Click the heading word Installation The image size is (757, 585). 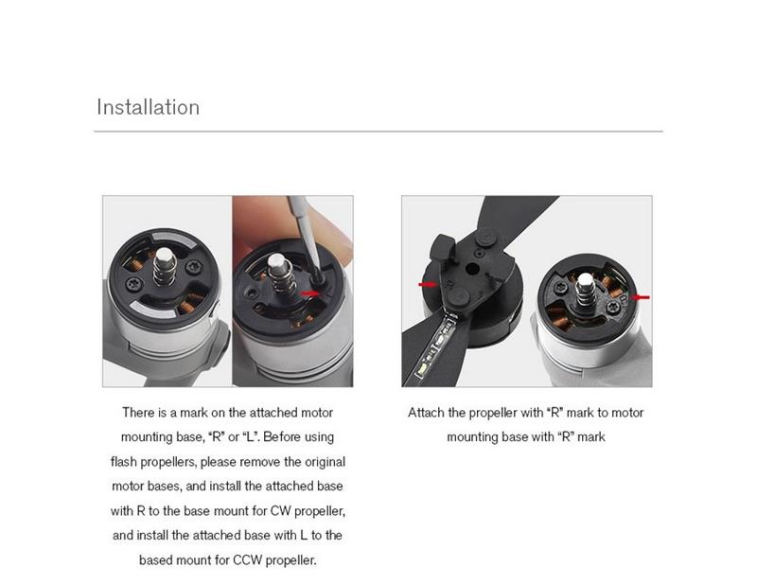coord(148,107)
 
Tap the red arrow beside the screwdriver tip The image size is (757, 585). coord(309,293)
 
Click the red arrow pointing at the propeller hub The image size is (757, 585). coord(428,284)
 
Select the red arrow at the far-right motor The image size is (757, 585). coord(641,297)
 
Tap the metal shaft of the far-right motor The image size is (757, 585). coord(585,289)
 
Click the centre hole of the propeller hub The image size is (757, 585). coord(471,269)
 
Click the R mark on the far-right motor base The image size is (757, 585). coord(624,299)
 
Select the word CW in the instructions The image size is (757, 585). coord(280,511)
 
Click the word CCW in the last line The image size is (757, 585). coord(248,560)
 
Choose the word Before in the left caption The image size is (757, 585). coord(283,437)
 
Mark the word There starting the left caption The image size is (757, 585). coord(138,413)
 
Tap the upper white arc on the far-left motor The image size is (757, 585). coord(174,239)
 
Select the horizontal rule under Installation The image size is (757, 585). coord(378,131)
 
